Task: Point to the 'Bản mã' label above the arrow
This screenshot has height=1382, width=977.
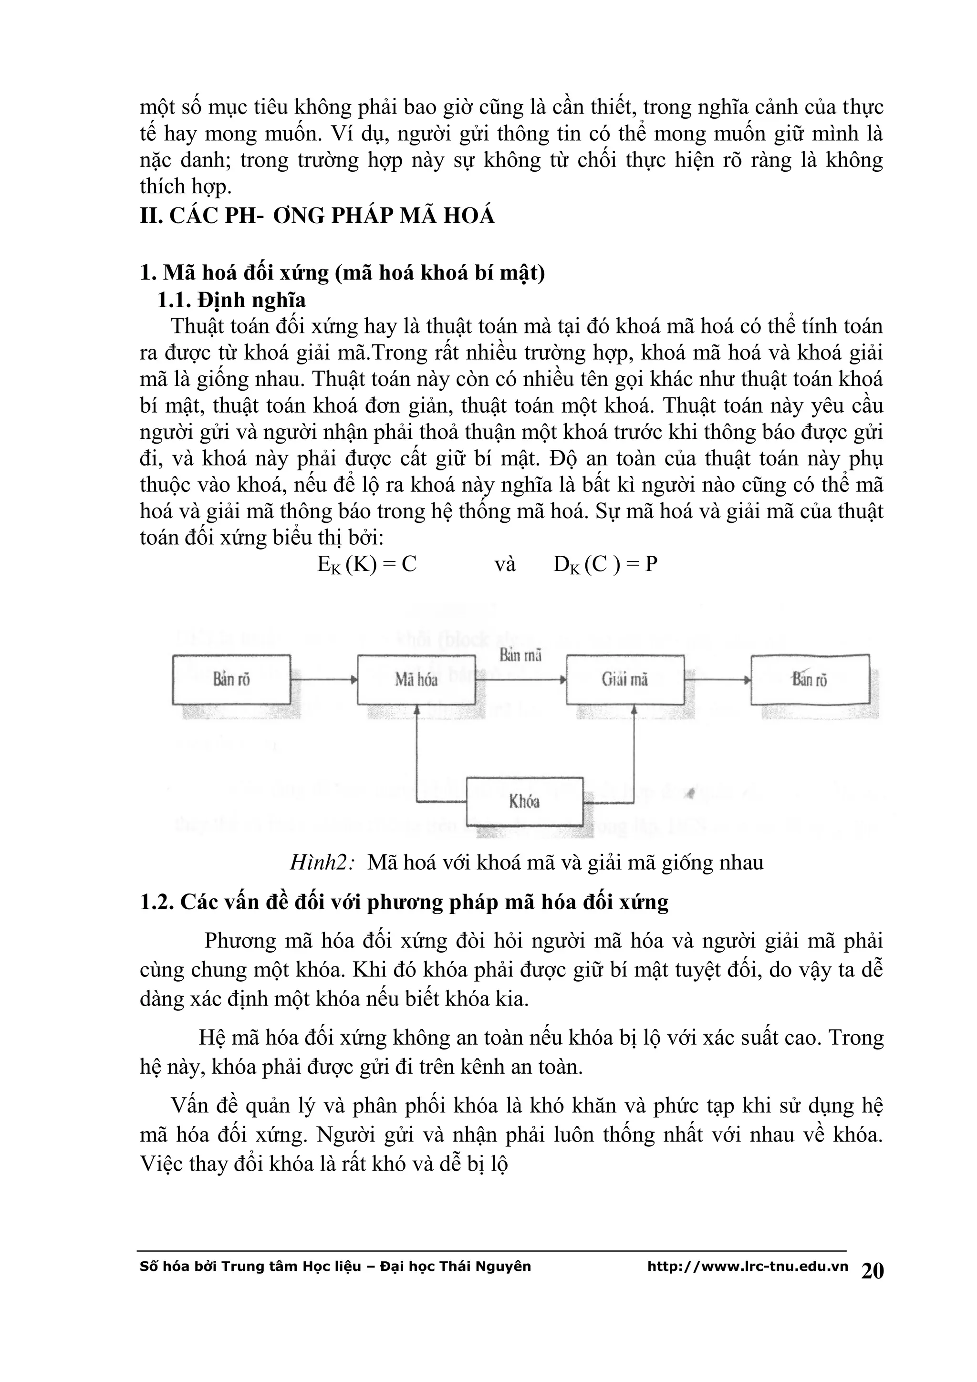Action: coord(520,655)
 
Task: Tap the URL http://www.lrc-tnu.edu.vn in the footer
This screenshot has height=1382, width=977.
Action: coord(747,1267)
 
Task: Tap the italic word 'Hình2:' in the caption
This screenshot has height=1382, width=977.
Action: coord(322,862)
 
